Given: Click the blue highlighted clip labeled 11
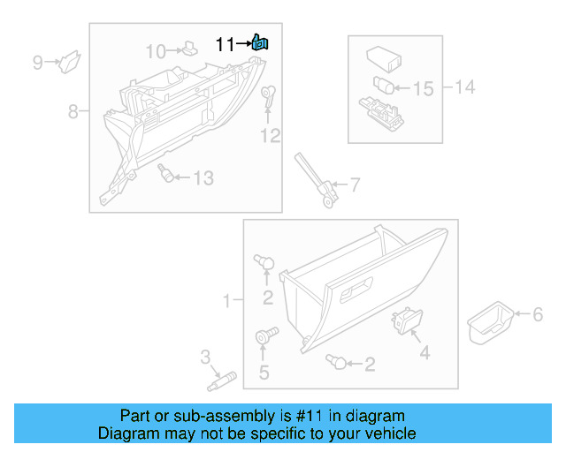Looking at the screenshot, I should coord(260,41).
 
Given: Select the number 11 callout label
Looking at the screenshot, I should coord(226,43).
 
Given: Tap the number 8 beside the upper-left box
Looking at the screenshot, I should coord(73,111).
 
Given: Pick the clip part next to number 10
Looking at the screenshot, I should coord(189,49).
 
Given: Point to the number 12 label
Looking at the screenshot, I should coord(270,135).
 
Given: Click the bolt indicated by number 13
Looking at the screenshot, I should coord(164,174).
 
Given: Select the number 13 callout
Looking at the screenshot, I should coord(203,178).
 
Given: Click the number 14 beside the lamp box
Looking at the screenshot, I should coord(465,87).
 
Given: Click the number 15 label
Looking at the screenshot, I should coord(424,88).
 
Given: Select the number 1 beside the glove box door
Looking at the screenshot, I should coord(227,301).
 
